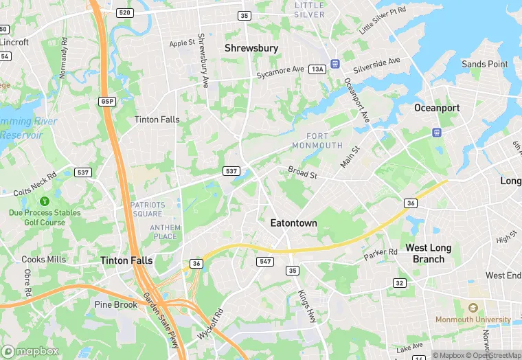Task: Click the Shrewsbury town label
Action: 252,48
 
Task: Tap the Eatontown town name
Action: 293,223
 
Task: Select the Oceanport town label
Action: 437,108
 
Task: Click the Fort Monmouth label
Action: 316,141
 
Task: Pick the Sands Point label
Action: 485,64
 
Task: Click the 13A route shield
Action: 317,69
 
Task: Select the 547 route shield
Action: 266,262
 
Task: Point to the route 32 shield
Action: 399,283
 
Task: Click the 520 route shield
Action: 125,13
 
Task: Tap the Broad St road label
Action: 302,172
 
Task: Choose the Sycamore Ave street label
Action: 280,70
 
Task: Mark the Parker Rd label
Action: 381,252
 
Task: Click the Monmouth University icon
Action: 473,308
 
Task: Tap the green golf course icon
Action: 45,201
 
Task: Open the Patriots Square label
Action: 148,209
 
